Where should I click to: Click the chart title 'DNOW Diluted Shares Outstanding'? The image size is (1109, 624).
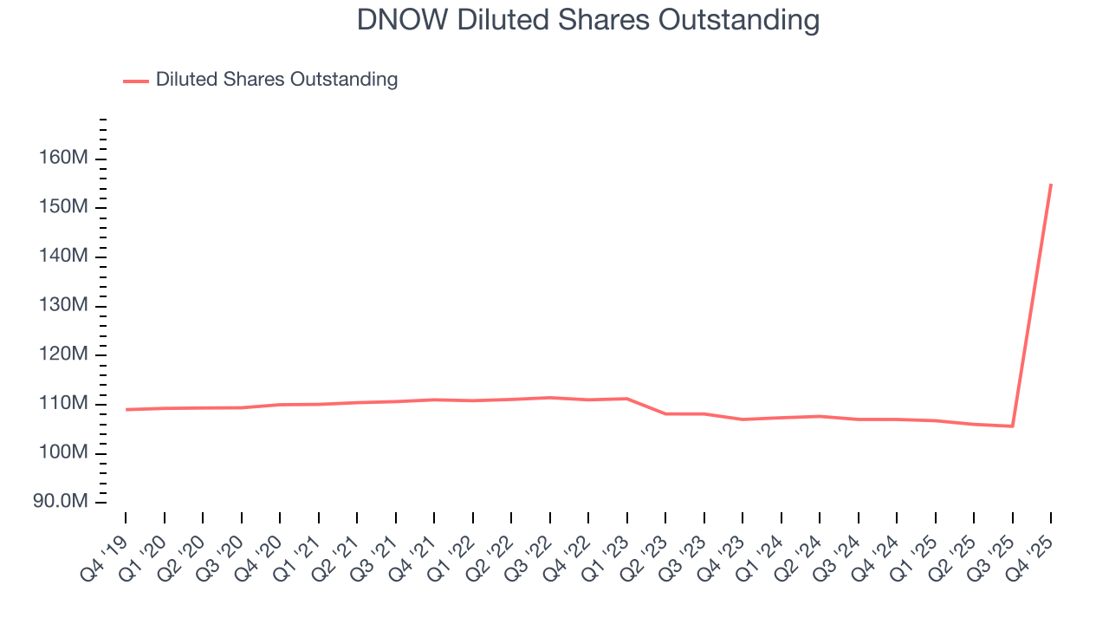[588, 20]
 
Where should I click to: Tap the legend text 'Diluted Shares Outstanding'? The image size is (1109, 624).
[276, 80]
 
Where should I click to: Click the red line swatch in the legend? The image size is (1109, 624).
[136, 81]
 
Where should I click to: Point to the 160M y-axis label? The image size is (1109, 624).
[62, 159]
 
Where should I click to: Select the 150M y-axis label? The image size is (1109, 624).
[62, 208]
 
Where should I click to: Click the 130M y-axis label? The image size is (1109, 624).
[62, 306]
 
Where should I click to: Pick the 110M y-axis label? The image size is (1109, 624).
[62, 404]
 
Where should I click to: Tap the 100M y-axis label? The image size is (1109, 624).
[62, 453]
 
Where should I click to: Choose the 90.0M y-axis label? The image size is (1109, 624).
[59, 503]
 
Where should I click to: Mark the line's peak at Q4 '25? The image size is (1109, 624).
[1051, 184]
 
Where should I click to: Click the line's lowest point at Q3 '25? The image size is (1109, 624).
[1012, 426]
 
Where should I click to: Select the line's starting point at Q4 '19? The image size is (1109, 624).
[126, 409]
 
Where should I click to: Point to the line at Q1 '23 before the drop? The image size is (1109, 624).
[626, 399]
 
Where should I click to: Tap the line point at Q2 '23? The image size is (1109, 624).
[665, 413]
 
